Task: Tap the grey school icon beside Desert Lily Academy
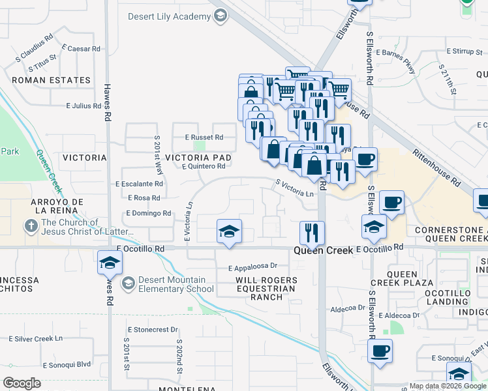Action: [x=221, y=15]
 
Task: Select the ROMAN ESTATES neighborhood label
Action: [x=51, y=81]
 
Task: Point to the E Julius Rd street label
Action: [x=84, y=105]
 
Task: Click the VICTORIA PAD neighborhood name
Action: [x=198, y=158]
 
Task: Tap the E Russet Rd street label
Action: [x=204, y=138]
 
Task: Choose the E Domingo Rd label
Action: [x=149, y=213]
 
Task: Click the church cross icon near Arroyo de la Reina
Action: [x=31, y=226]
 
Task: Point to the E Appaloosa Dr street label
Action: [x=253, y=267]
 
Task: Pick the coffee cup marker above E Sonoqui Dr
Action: [x=380, y=351]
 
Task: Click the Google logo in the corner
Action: [x=22, y=383]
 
